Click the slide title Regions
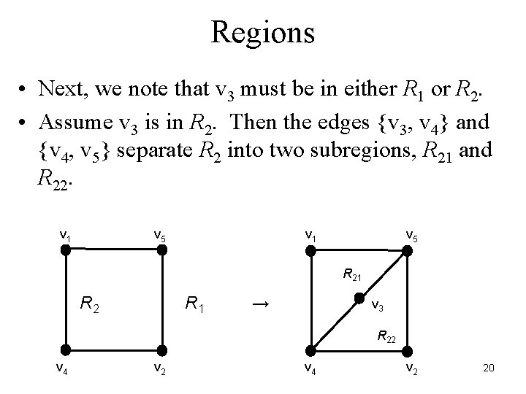[x=262, y=32]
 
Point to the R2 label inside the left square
[x=91, y=301]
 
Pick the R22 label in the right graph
[x=388, y=336]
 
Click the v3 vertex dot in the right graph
[x=359, y=298]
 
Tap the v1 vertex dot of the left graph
[x=66, y=250]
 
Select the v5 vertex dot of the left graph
[x=162, y=250]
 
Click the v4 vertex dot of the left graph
[x=66, y=349]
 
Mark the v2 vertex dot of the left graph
[x=162, y=349]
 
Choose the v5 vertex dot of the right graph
[x=407, y=250]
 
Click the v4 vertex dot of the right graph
[x=310, y=349]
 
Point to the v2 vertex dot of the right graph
[x=407, y=349]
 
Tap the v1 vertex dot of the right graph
[x=310, y=250]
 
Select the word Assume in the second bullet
[x=72, y=123]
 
